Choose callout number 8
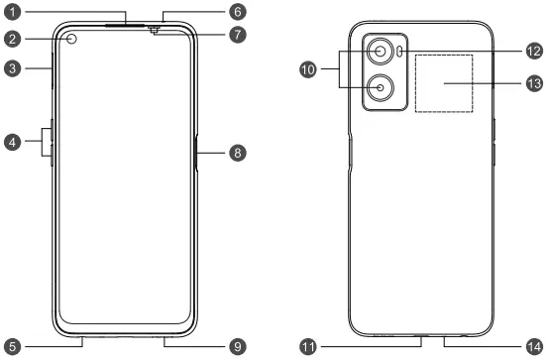pyautogui.click(x=236, y=153)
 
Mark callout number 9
pyautogui.click(x=236, y=346)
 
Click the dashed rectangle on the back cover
pyautogui.click(x=444, y=83)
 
